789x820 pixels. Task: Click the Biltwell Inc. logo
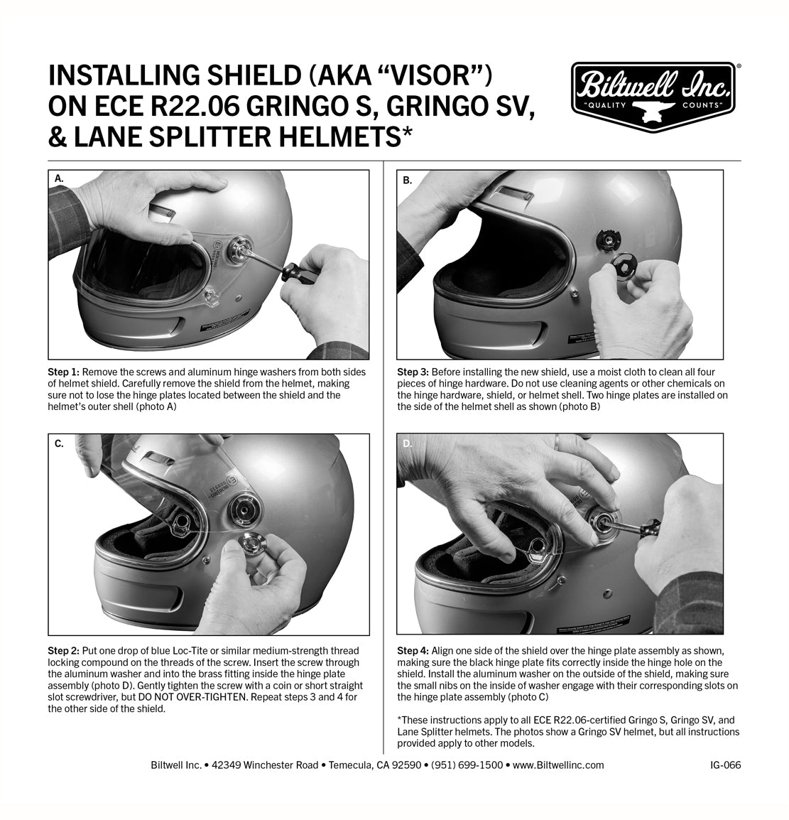pos(655,95)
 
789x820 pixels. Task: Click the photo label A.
pos(60,180)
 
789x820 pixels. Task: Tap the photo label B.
pos(408,180)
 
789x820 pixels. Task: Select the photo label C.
pos(60,443)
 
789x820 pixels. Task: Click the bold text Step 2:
pos(65,651)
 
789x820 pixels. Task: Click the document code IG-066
pos(725,765)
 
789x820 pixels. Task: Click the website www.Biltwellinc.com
pos(557,765)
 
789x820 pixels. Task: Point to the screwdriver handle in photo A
pos(293,271)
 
